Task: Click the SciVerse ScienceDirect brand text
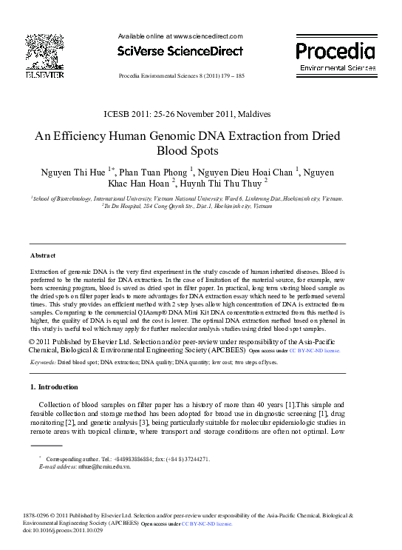(x=180, y=51)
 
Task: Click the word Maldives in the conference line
(x=253, y=114)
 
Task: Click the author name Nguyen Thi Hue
(x=73, y=171)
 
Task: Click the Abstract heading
(x=43, y=255)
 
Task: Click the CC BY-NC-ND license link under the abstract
(x=314, y=350)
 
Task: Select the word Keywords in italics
(x=42, y=363)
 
